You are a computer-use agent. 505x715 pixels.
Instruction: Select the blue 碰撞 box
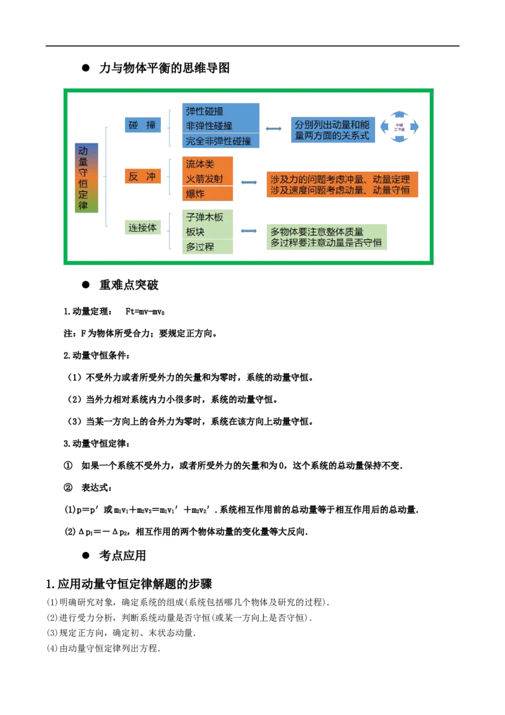click(142, 125)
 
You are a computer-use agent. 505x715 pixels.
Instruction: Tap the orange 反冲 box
click(142, 177)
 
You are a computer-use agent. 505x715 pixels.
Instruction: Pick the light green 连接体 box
click(143, 227)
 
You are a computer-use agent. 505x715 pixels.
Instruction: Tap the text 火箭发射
click(205, 179)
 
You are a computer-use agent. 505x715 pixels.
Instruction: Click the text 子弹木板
click(205, 217)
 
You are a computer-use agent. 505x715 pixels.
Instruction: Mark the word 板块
click(195, 232)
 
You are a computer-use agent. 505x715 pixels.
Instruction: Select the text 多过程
click(199, 247)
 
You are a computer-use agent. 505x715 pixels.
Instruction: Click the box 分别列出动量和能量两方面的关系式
click(333, 131)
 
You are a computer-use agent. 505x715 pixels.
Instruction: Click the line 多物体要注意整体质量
click(321, 232)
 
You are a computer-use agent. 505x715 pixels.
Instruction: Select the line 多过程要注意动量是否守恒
click(326, 243)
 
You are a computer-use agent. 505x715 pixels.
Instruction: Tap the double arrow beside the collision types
click(274, 128)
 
